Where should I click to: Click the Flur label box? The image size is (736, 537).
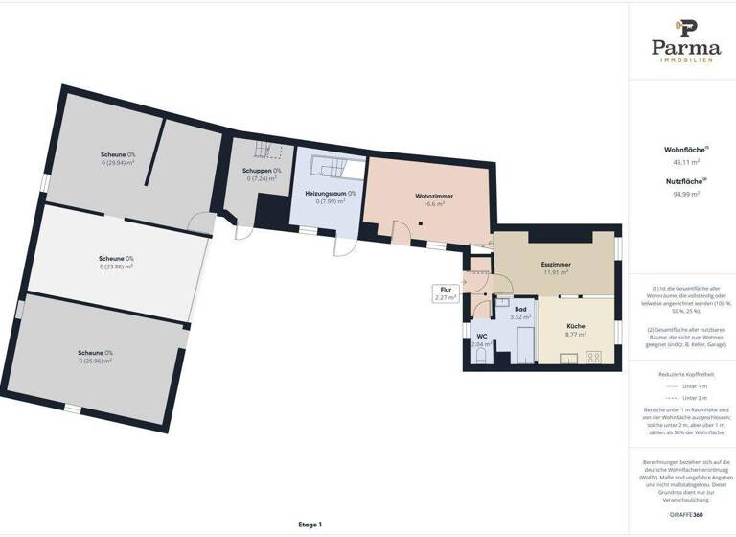click(445, 292)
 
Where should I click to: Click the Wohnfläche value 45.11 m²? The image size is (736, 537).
click(686, 162)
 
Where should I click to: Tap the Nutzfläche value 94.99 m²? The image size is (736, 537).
click(686, 194)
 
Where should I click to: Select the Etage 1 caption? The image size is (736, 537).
click(310, 525)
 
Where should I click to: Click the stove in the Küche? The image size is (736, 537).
click(594, 358)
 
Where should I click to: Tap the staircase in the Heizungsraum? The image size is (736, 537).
click(335, 170)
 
